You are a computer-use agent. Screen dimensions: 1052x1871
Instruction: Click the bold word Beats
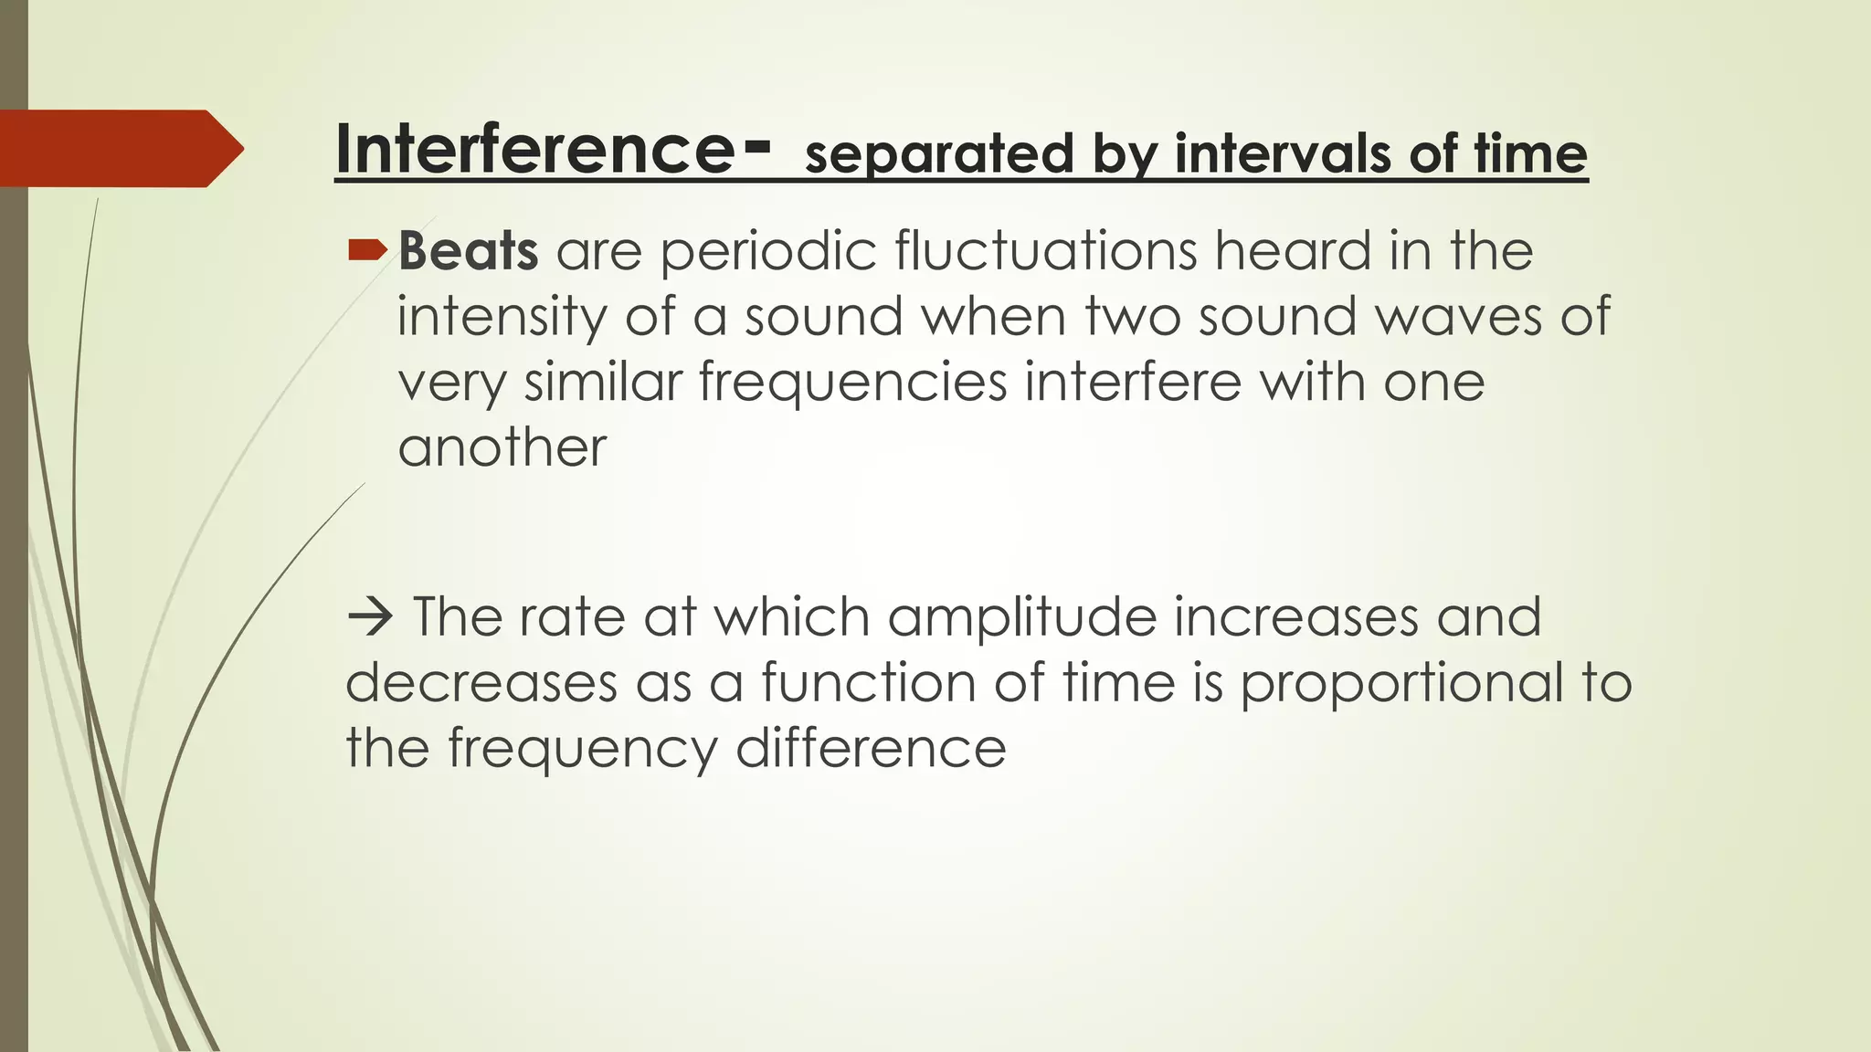pos(468,250)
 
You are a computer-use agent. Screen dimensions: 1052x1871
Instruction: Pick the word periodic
pos(768,250)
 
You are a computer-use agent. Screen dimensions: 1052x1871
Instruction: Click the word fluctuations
pos(1045,250)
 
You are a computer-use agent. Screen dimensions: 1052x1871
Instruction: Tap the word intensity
pos(502,317)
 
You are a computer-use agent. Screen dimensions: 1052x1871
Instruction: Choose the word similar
pos(603,382)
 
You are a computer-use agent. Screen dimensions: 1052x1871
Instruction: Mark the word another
pos(502,447)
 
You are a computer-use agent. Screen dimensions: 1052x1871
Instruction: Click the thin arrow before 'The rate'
pos(369,618)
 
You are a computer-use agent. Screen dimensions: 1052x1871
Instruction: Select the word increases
pos(1295,616)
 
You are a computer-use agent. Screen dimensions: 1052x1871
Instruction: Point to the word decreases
pos(481,683)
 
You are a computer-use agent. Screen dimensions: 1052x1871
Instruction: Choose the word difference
pos(871,748)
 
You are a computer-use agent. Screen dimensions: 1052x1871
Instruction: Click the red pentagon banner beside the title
pos(119,149)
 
